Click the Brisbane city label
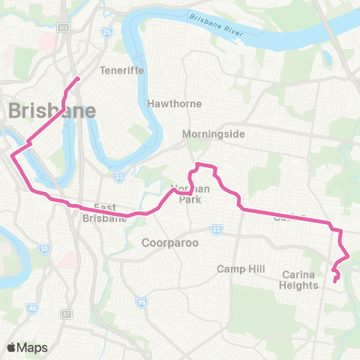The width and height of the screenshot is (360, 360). pyautogui.click(x=52, y=111)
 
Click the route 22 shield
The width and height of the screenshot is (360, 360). pyautogui.click(x=217, y=229)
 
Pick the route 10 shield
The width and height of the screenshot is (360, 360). pyautogui.click(x=44, y=247)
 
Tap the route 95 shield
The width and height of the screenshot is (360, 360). pyautogui.click(x=140, y=302)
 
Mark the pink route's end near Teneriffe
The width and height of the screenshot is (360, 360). pyautogui.click(x=77, y=78)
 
